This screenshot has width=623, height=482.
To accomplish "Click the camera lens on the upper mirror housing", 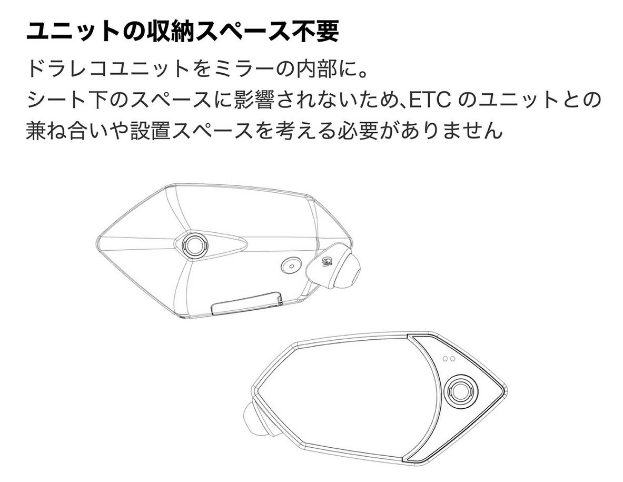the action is coord(195,244).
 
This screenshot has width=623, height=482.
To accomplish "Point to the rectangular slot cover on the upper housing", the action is coord(247,303).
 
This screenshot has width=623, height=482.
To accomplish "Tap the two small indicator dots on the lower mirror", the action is coord(449,358).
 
